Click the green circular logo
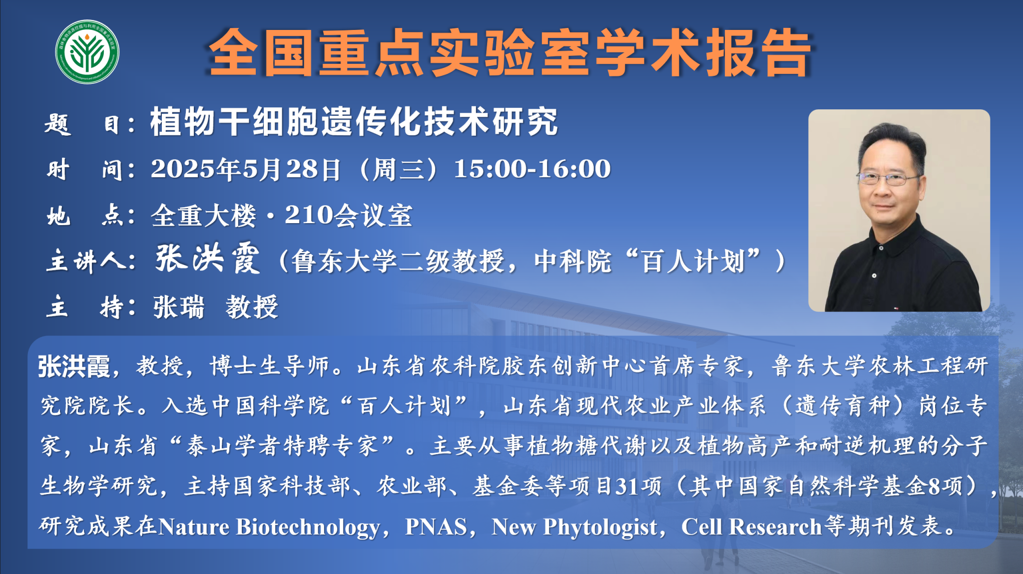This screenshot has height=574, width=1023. click(x=87, y=52)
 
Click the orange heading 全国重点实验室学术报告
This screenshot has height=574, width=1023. click(x=510, y=52)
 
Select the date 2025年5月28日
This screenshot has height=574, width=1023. click(x=246, y=169)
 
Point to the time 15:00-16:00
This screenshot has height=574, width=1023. click(x=532, y=169)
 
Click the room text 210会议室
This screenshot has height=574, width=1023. click(x=349, y=216)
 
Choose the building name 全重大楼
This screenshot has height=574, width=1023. click(x=203, y=216)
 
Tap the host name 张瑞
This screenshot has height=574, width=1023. click(x=179, y=306)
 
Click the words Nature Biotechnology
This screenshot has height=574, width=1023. click(x=269, y=527)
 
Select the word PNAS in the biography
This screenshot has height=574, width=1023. click(x=436, y=527)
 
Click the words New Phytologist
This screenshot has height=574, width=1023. click(x=574, y=527)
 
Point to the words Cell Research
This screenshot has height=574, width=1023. click(x=752, y=527)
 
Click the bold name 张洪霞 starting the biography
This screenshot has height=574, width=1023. click(x=74, y=367)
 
